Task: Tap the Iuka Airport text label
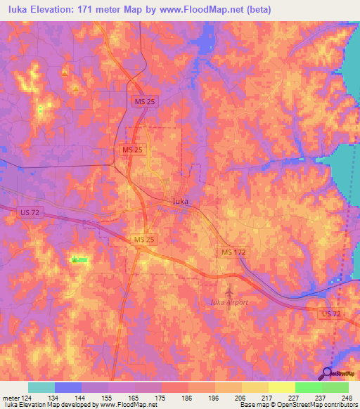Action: pyautogui.click(x=229, y=301)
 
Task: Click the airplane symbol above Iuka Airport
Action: pyautogui.click(x=229, y=290)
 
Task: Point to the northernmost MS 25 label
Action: pyautogui.click(x=146, y=102)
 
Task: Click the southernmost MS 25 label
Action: pyautogui.click(x=143, y=240)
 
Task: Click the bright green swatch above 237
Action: pyautogui.click(x=308, y=387)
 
